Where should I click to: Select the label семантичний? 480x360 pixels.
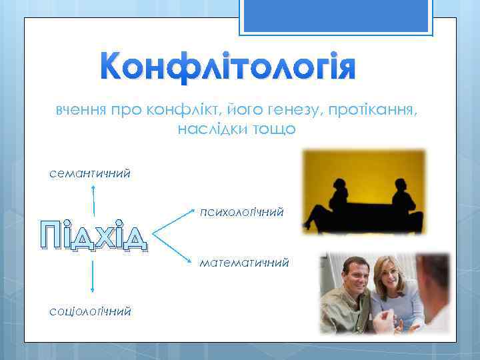click(x=89, y=173)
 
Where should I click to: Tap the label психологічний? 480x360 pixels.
click(x=241, y=212)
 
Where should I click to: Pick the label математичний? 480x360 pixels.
click(x=243, y=263)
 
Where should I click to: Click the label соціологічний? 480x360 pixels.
click(x=89, y=311)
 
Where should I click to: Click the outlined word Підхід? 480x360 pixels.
click(x=93, y=235)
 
